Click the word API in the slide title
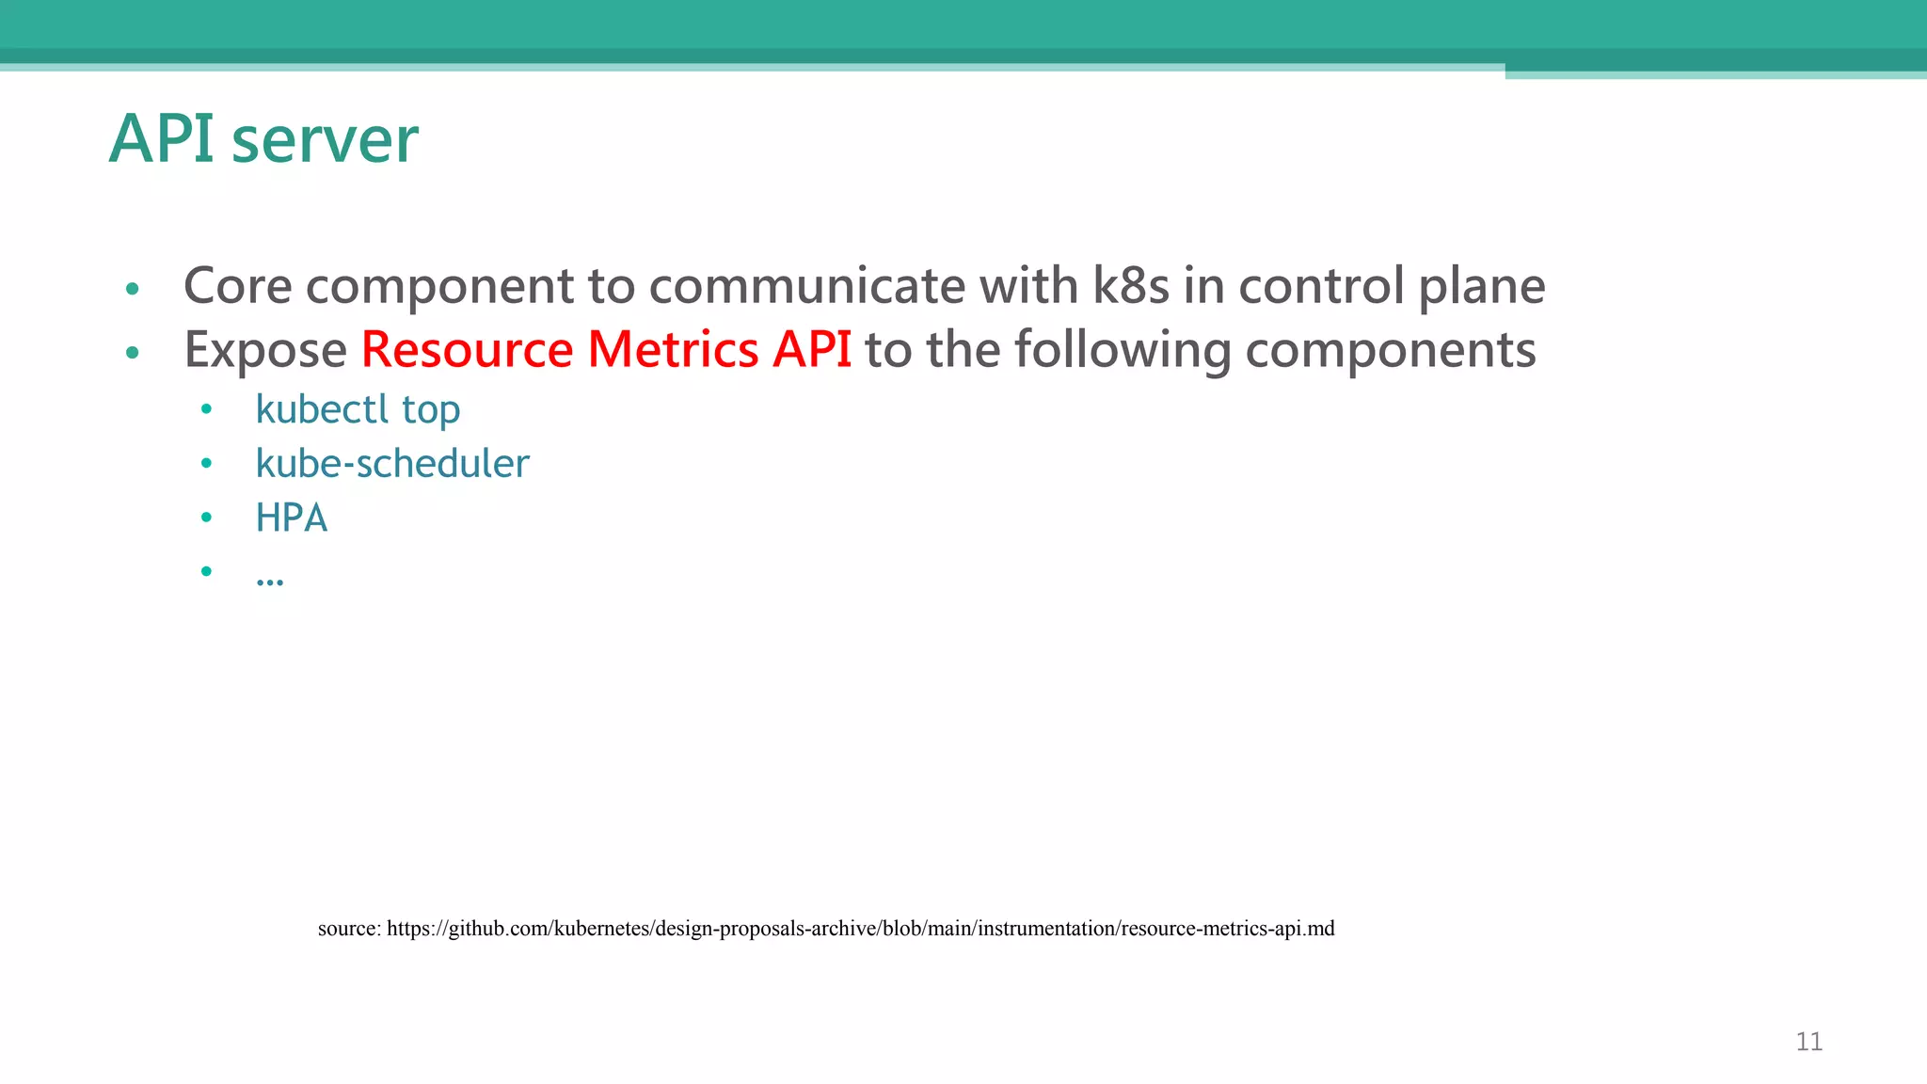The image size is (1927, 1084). tap(162, 139)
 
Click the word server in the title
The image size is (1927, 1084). tap(325, 141)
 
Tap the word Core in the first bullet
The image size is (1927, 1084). tap(237, 285)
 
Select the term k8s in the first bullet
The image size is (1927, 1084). tap(1131, 285)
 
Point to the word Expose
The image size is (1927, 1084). tap(265, 350)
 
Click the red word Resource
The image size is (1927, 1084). tap(467, 349)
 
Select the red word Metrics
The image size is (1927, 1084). tap(673, 349)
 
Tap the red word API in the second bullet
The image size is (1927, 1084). tap(812, 349)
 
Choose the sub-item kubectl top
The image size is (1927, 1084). tap(358, 409)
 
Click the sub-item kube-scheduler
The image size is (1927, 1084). tap(392, 463)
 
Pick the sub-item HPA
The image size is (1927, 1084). tap(292, 518)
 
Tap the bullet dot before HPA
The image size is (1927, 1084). tap(206, 517)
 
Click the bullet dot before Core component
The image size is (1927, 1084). tap(133, 288)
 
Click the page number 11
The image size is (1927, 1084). tap(1808, 1042)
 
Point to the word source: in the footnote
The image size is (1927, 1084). tap(349, 929)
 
